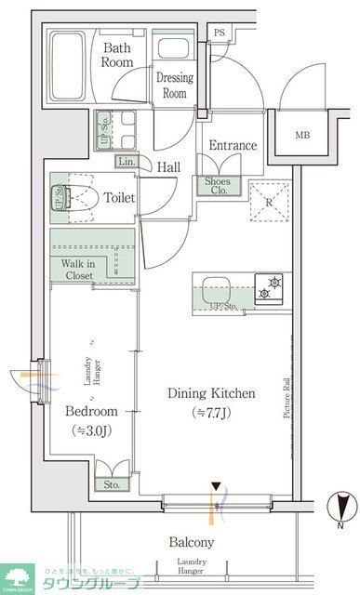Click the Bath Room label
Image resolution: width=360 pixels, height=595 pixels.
tap(118, 55)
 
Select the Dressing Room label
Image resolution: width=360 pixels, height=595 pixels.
tap(174, 86)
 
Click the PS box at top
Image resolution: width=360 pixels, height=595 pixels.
tap(219, 33)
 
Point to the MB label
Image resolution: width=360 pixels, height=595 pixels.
tap(302, 135)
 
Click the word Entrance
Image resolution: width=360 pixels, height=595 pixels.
tap(232, 146)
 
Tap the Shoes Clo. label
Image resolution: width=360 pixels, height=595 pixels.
tap(219, 186)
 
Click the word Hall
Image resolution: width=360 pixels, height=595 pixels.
tap(168, 167)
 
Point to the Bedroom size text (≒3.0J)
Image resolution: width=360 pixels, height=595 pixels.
tap(91, 430)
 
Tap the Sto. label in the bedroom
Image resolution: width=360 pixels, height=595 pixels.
tap(112, 483)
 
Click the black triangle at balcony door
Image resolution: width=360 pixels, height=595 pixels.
tap(217, 486)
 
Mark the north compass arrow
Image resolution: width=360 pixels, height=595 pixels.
tap(342, 507)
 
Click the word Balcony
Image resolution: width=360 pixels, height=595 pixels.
tap(192, 542)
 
